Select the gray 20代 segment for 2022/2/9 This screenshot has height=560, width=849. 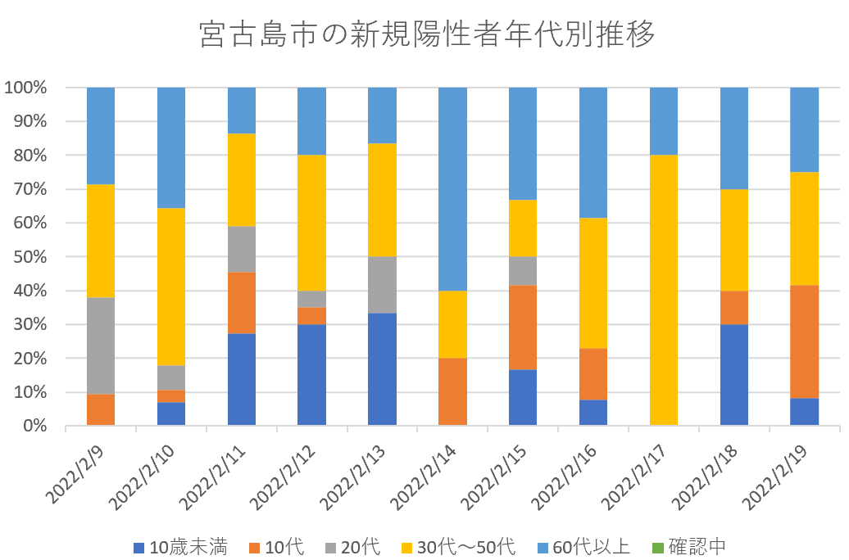point(101,346)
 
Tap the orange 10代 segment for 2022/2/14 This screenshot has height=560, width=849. point(452,392)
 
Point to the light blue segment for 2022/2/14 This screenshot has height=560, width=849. point(452,189)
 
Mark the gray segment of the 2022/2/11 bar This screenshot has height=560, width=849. point(242,249)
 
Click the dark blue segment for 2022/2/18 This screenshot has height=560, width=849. point(734,375)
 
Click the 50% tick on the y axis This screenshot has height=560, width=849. point(30,257)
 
